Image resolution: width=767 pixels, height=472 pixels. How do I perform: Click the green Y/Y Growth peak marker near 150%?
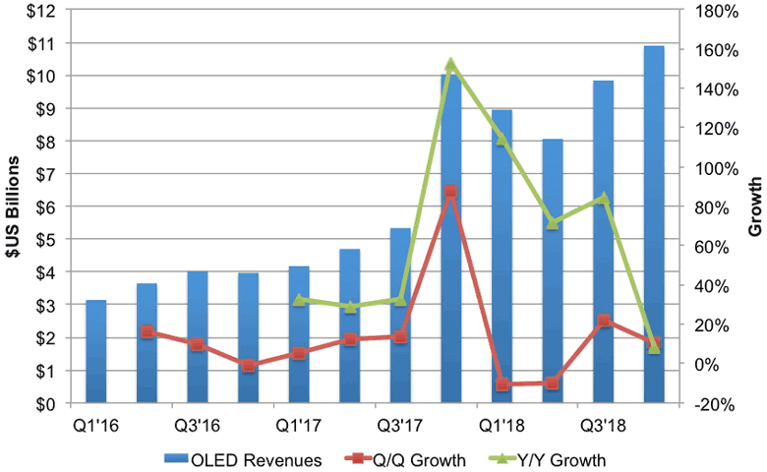[450, 65]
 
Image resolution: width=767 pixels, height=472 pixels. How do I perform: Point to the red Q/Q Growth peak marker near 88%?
[450, 192]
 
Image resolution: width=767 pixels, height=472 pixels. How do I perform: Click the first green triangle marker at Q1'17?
[299, 300]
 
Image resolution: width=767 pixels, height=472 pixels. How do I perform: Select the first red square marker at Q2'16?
[147, 331]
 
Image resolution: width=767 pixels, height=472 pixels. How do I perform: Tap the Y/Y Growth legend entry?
[554, 458]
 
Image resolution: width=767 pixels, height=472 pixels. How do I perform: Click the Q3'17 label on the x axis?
[400, 425]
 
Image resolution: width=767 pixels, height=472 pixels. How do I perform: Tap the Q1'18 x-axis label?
[501, 425]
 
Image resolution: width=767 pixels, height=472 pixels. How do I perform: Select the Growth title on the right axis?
[755, 206]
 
